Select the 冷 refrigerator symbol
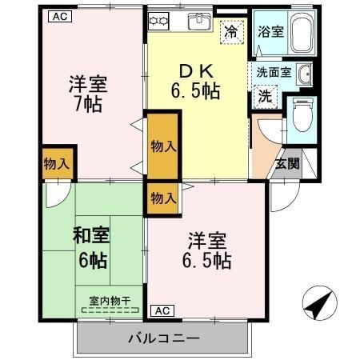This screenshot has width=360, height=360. point(230,33)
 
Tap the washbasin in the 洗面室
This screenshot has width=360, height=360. point(305,76)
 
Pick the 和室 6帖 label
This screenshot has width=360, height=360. point(93,248)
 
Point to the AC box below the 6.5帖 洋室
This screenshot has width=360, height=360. point(160,310)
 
